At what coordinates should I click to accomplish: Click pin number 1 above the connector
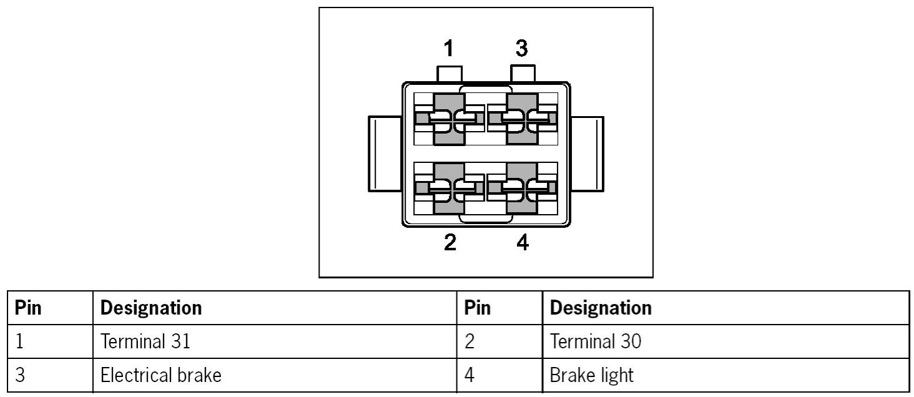pyautogui.click(x=448, y=49)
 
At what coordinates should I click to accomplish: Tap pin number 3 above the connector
pyautogui.click(x=522, y=48)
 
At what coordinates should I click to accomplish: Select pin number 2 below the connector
pyautogui.click(x=450, y=242)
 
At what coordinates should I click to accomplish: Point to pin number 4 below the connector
pyautogui.click(x=523, y=242)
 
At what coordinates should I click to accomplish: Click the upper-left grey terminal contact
pyautogui.click(x=449, y=119)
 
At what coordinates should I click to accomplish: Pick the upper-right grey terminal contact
pyautogui.click(x=522, y=119)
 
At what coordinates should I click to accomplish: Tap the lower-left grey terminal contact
pyautogui.click(x=449, y=188)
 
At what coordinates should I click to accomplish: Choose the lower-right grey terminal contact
pyautogui.click(x=522, y=188)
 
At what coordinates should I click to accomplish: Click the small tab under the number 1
pyautogui.click(x=450, y=74)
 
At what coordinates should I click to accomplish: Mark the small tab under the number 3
pyautogui.click(x=523, y=73)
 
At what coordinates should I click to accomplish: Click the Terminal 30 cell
pyautogui.click(x=595, y=341)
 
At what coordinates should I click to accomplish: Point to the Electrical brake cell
pyautogui.click(x=160, y=375)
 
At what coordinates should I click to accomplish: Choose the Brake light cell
pyautogui.click(x=591, y=375)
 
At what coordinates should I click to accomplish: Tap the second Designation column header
pyautogui.click(x=601, y=308)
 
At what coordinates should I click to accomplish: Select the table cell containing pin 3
pyautogui.click(x=20, y=375)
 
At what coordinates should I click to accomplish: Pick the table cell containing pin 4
pyautogui.click(x=469, y=375)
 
